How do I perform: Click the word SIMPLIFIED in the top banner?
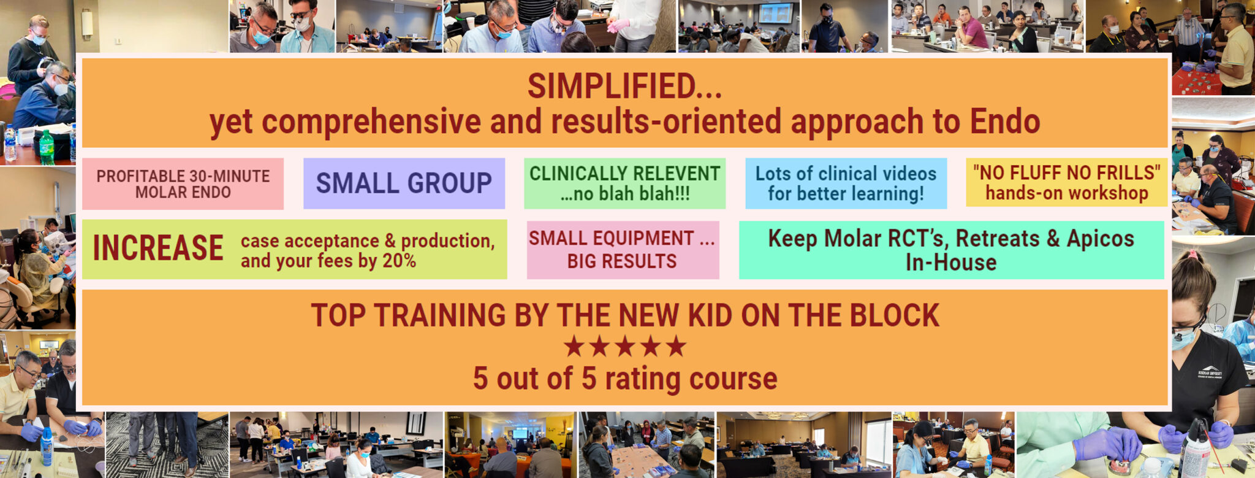[613, 86]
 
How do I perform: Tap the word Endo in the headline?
[1004, 121]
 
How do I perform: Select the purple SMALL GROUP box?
[404, 183]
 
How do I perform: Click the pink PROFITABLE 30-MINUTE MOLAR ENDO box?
[183, 183]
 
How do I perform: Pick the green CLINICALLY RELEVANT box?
[624, 183]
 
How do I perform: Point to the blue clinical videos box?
[846, 183]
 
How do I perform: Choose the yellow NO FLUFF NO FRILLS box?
[1066, 182]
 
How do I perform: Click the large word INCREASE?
[158, 248]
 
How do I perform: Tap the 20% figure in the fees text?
[399, 261]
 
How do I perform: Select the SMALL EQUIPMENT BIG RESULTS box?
[622, 250]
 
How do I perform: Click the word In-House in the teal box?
[951, 263]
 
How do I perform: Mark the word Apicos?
[1100, 238]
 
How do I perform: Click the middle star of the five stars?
[625, 347]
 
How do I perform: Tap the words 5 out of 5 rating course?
[624, 379]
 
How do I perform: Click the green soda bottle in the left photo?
[47, 147]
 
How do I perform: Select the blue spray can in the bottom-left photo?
[46, 445]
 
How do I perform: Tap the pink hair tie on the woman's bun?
[1191, 253]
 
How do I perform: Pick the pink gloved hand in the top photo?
[618, 25]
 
